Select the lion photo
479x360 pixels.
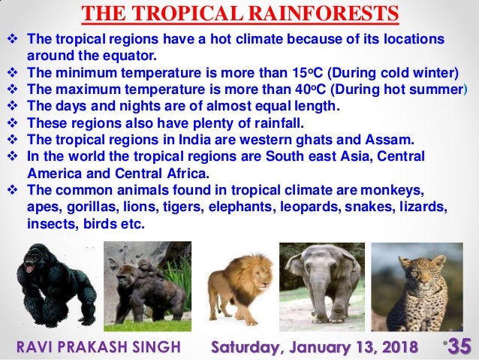[x=239, y=286]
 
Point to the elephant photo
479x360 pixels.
[x=323, y=286]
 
